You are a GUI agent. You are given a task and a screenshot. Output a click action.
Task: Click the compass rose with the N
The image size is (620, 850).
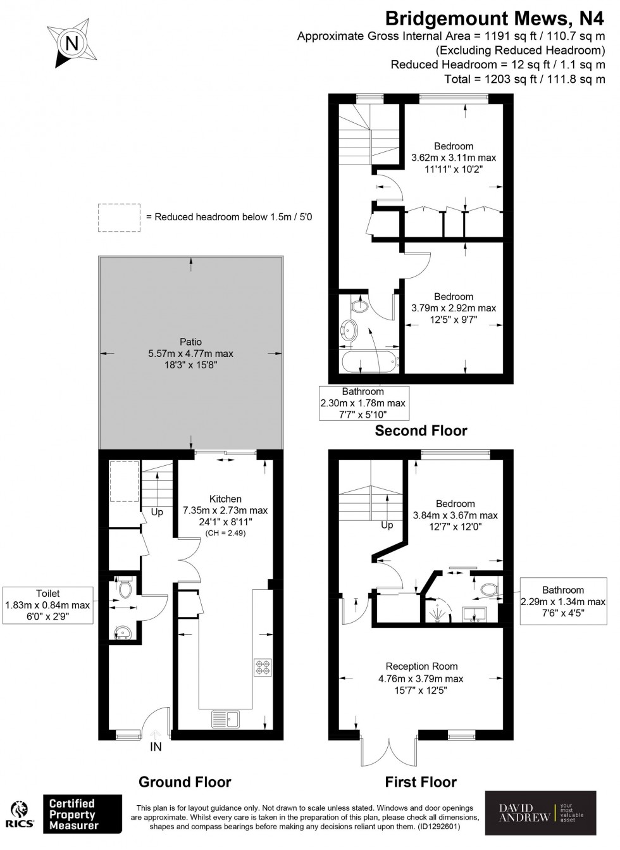[x=71, y=44]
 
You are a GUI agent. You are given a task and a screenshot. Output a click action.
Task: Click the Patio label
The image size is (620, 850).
[x=190, y=342]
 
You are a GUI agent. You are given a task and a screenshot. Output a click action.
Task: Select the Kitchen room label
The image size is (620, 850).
[x=225, y=499]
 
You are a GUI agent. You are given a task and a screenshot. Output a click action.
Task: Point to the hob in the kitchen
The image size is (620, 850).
[x=263, y=667]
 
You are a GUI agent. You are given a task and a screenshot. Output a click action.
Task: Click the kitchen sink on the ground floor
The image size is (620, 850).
[x=225, y=718]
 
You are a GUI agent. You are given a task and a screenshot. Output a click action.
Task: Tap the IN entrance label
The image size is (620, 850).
[x=156, y=747]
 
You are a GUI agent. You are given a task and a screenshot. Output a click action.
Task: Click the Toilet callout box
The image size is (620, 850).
[x=48, y=604]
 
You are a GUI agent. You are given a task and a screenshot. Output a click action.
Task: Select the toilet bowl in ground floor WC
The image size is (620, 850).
[x=125, y=590]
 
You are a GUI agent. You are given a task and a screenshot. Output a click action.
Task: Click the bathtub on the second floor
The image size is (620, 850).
[x=369, y=363]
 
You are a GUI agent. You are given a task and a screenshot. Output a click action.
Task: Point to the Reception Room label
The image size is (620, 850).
[x=421, y=666]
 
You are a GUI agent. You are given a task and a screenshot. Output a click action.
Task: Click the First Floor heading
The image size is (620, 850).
[x=421, y=782]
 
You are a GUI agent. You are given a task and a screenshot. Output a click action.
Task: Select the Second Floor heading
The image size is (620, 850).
[x=421, y=431]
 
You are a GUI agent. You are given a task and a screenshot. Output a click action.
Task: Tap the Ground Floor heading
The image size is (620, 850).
[x=185, y=782]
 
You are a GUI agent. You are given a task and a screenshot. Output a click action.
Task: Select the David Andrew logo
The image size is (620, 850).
[x=540, y=813]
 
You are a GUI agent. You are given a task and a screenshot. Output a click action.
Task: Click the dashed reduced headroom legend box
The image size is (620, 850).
[x=119, y=217]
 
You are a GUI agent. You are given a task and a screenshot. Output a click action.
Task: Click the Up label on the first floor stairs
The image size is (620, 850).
[x=387, y=525]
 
